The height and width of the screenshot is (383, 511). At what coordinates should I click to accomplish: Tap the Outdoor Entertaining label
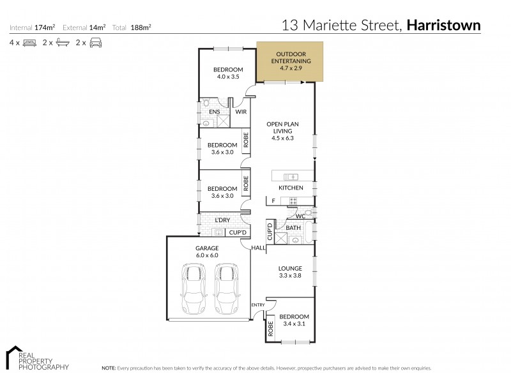click(291, 61)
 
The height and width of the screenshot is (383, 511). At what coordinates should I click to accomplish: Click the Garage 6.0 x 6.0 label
click(207, 252)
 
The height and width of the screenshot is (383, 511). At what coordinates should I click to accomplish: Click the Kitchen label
click(291, 188)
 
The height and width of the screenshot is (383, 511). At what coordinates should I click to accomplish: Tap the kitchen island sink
click(291, 176)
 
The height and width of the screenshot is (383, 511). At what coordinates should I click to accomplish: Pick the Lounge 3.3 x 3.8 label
click(291, 272)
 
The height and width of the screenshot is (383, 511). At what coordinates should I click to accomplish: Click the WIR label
click(241, 112)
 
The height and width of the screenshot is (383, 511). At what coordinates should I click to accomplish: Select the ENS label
click(215, 112)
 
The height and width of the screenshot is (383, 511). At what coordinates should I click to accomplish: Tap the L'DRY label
click(222, 220)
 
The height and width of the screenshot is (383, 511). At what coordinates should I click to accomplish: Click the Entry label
click(257, 305)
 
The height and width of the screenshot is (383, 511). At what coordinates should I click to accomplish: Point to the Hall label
click(257, 248)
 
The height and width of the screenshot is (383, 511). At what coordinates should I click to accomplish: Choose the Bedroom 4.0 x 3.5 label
click(227, 73)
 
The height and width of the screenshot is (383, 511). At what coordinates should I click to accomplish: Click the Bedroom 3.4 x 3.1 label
click(294, 320)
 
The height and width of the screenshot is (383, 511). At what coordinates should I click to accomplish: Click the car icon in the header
click(96, 43)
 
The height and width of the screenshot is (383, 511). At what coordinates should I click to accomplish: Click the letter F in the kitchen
click(273, 201)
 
